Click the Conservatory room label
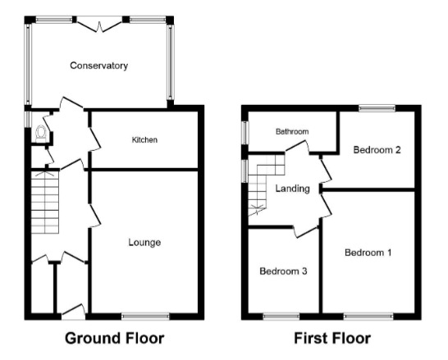click(98, 66)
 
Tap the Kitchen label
click(144, 140)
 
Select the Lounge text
click(144, 243)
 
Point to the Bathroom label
click(291, 131)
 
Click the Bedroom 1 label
click(368, 253)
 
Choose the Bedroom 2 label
click(377, 150)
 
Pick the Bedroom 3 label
click(283, 271)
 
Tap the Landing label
click(292, 189)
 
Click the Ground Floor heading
click(115, 338)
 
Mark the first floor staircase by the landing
click(264, 187)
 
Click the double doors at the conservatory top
click(99, 25)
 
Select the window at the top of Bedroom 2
click(377, 107)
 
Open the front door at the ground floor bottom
click(72, 312)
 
